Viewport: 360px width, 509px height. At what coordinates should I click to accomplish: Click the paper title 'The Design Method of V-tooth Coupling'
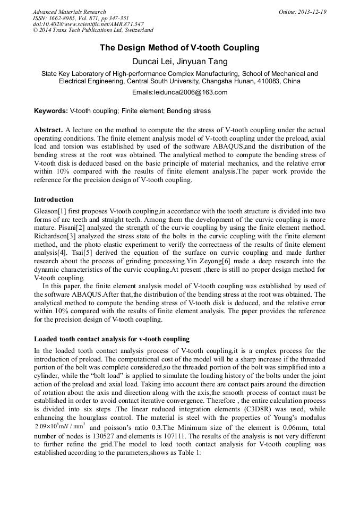tap(179, 48)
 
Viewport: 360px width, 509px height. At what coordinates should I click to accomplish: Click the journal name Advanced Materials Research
tap(69, 12)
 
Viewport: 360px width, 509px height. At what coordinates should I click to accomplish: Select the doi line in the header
tap(88, 24)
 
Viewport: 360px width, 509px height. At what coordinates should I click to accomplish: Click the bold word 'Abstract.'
tap(49, 130)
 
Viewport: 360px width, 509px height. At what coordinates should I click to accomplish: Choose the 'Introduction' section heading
tap(54, 200)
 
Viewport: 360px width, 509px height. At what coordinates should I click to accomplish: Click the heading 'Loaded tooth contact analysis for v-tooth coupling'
tap(112, 339)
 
